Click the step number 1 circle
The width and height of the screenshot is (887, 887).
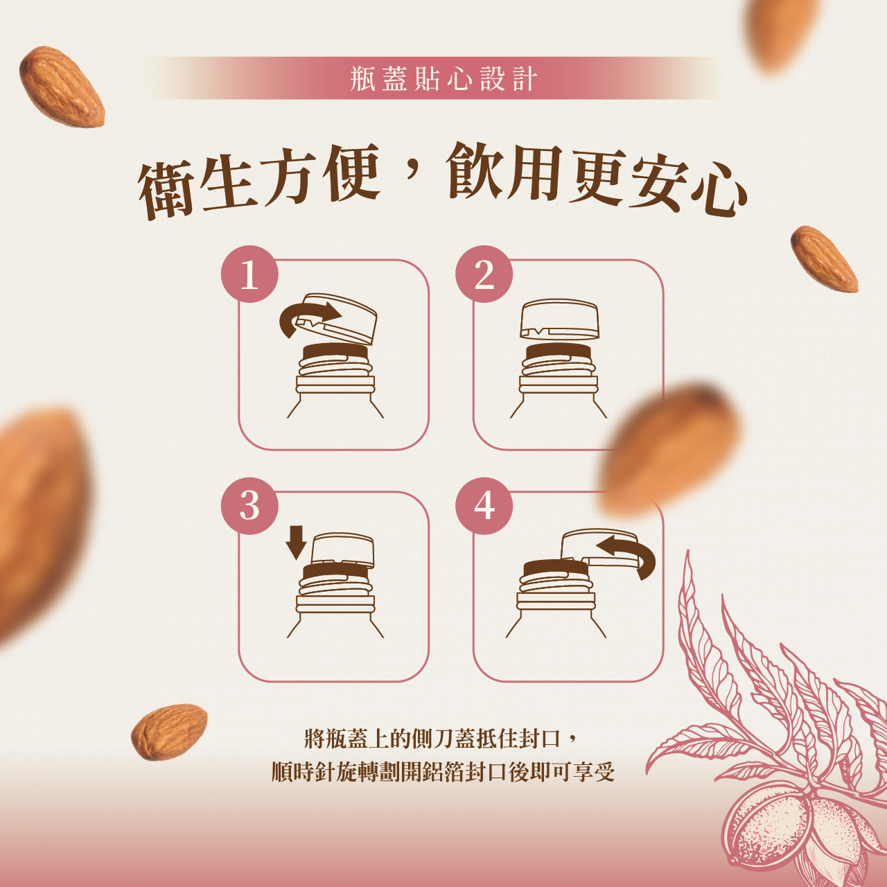249,274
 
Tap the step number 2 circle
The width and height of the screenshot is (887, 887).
484,274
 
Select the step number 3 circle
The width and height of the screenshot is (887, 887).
249,506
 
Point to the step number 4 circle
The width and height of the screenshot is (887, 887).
484,506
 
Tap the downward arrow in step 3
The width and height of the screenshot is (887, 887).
296,543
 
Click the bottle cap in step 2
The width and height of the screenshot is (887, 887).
559,319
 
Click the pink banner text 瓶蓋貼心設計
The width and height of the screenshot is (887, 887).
443,78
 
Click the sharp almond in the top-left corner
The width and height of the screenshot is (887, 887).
62,87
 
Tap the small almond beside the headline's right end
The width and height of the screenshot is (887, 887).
824,258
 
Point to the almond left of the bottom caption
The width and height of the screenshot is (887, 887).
169,732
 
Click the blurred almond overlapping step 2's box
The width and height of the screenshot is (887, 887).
667,449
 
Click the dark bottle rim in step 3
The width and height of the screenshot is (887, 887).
335,571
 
